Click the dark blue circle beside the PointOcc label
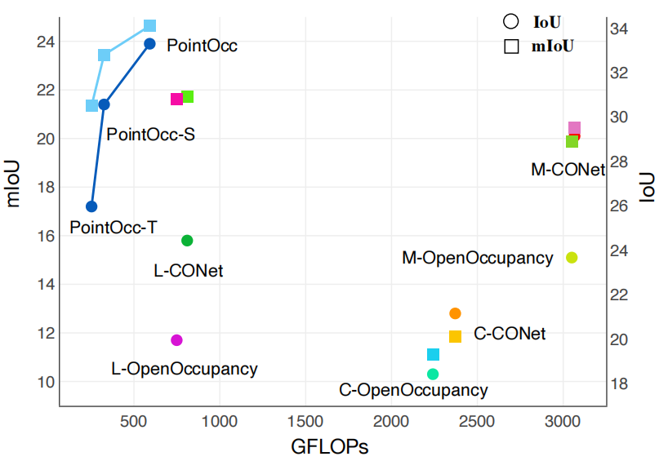pos(149,43)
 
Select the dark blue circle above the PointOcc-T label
pos(91,206)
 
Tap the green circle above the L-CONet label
pos(187,240)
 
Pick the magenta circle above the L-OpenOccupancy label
pos(176,339)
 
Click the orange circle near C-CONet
pos(455,313)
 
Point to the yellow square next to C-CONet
pos(455,336)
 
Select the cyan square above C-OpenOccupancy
pos(433,354)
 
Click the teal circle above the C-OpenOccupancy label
pos(433,374)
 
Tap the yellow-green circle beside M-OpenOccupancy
pos(572,258)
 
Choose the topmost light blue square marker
pos(149,26)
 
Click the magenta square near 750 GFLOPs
pos(176,99)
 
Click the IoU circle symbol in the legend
pos(511,22)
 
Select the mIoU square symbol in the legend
pos(511,46)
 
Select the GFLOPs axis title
pos(330,447)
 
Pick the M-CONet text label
pos(568,170)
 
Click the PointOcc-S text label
pos(150,134)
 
